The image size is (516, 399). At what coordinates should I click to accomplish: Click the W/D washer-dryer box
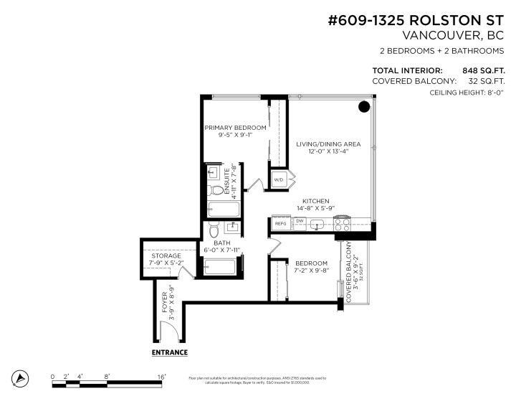278,179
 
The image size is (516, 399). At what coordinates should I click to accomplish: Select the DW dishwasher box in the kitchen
300,221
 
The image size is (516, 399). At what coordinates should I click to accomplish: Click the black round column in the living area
363,107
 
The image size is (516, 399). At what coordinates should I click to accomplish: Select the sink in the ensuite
213,173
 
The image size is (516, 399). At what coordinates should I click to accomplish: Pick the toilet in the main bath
214,230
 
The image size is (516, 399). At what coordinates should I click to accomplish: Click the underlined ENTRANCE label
169,353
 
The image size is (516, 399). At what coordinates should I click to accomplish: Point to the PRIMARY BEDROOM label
235,128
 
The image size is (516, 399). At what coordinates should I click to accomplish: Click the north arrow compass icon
21,378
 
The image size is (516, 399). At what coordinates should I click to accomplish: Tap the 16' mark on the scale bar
161,376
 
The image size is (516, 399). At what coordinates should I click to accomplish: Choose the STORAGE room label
166,255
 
